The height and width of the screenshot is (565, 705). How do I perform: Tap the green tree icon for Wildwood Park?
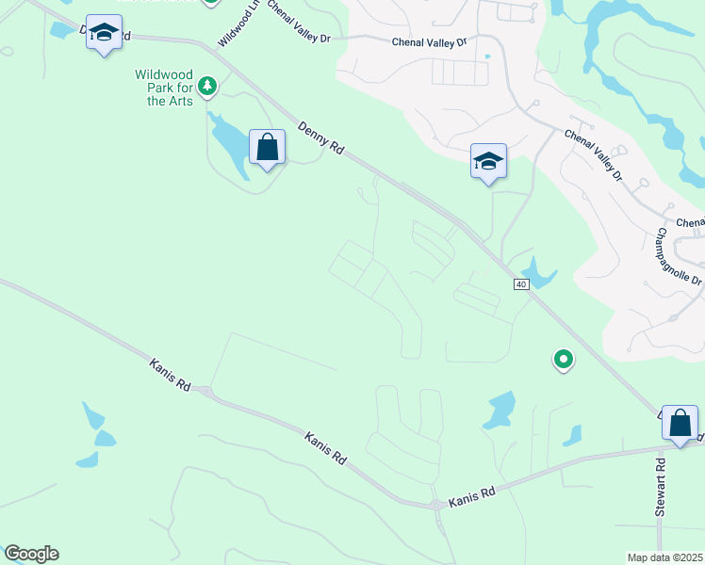point(208,87)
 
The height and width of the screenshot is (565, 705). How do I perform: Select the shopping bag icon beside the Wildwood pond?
point(268,148)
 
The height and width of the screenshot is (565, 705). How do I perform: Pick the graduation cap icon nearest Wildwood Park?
point(104,33)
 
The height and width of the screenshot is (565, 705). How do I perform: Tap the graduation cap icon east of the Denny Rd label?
point(488,162)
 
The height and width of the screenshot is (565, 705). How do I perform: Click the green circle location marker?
point(563,359)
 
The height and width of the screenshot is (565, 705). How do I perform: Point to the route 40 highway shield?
point(521,284)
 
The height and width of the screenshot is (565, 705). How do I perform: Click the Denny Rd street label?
point(320,137)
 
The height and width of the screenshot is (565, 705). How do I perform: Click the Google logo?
point(31,553)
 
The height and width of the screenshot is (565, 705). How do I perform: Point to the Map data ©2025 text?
point(664,557)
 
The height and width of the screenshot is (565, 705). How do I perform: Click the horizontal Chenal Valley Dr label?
point(429,42)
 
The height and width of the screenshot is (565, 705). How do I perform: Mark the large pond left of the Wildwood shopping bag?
point(228,140)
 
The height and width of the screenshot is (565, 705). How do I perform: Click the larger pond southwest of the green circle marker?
point(499,411)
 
